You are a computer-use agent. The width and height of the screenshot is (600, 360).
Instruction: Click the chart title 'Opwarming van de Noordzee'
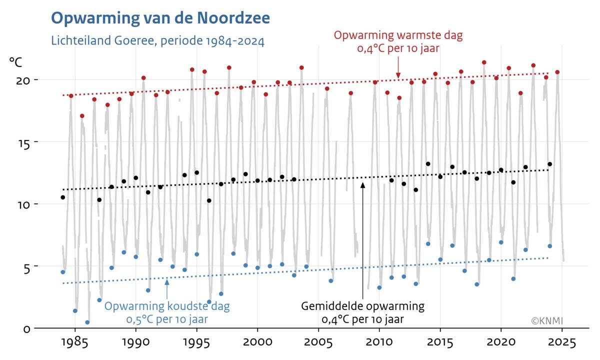[x=160, y=18]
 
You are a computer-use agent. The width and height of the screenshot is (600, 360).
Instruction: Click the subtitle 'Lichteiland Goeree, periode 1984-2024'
[x=157, y=40]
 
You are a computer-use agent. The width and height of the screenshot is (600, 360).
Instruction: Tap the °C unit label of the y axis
[x=15, y=62]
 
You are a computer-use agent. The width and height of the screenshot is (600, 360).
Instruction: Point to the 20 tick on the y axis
[x=24, y=80]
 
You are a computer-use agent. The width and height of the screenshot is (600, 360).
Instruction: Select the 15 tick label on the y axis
[x=24, y=142]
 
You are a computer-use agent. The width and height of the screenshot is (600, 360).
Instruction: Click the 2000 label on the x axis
[x=257, y=343]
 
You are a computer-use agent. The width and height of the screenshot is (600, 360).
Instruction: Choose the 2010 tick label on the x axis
[x=379, y=343]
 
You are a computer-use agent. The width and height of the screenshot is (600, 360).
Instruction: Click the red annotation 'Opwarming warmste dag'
[x=398, y=36]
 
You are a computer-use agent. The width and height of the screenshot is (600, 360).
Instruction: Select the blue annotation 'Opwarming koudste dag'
[x=167, y=306]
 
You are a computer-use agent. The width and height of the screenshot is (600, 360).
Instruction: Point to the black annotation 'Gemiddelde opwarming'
[x=362, y=306]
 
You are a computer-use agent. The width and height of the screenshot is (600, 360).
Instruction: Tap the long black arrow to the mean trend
[x=362, y=240]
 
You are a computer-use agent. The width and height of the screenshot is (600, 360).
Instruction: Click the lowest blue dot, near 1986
[x=87, y=322]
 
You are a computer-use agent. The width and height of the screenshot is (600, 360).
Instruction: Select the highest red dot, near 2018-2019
[x=484, y=62]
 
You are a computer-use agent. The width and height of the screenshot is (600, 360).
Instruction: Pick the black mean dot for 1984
[x=63, y=197]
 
